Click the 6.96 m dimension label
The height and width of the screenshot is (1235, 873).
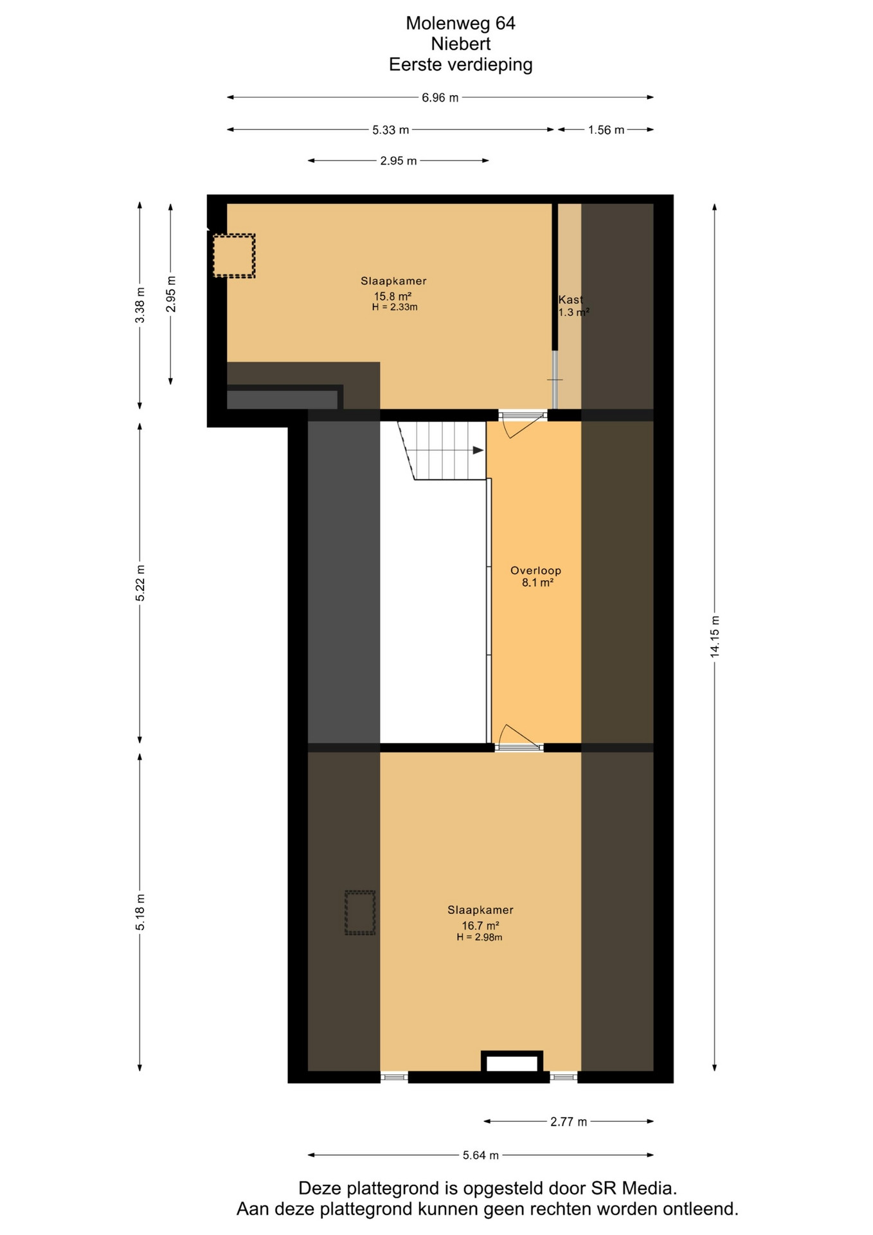[440, 98]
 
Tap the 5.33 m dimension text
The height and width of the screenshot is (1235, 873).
[391, 130]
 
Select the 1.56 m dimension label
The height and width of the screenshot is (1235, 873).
[606, 130]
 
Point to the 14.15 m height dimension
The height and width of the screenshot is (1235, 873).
[715, 636]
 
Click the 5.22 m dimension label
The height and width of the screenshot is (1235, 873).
[141, 583]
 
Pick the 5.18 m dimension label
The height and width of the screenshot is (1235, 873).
[141, 911]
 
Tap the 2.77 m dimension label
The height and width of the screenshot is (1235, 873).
[569, 1122]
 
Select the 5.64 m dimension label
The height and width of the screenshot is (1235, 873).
[481, 1155]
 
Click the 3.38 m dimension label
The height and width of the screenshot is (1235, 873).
[141, 306]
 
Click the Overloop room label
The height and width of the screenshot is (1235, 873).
[535, 571]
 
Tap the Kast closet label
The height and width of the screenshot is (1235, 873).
[570, 300]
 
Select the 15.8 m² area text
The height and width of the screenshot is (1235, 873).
[393, 297]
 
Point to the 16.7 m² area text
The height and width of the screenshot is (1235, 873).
[480, 926]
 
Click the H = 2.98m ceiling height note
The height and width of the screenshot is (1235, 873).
[480, 937]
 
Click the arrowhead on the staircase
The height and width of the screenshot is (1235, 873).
[478, 450]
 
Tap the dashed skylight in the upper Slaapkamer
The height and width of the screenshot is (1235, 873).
[235, 256]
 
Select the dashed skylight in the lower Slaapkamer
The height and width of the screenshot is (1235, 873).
[360, 913]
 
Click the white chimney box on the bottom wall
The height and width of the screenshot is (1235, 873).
[512, 1061]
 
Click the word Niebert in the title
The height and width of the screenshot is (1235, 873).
[461, 44]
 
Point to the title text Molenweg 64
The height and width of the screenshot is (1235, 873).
[460, 23]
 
